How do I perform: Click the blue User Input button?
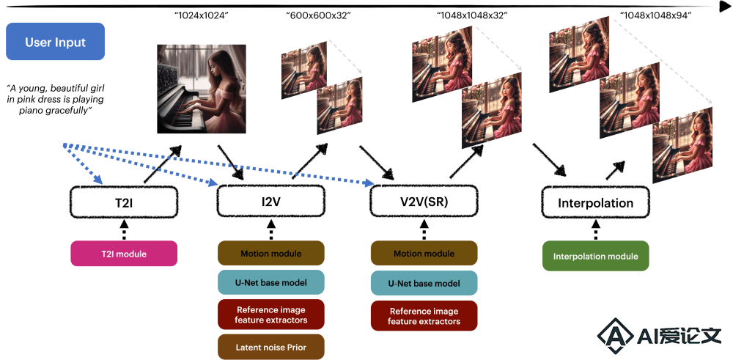tap(55, 42)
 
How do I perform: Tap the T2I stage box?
tap(124, 202)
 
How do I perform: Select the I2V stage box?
tap(270, 202)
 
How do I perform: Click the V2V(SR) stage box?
tap(424, 202)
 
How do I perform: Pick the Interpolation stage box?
tap(595, 202)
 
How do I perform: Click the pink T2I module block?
tap(124, 254)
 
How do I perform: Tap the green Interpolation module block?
tap(595, 256)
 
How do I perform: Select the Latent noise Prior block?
tap(270, 347)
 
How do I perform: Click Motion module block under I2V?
tap(270, 254)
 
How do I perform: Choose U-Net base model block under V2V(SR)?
tap(424, 283)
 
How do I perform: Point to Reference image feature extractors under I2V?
tap(270, 315)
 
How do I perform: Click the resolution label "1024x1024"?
tap(201, 15)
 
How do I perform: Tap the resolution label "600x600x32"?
tap(318, 15)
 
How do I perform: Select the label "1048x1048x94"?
tap(656, 15)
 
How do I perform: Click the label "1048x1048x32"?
tap(472, 15)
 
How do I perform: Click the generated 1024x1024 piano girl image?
tap(202, 89)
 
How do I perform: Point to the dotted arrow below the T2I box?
tap(125, 229)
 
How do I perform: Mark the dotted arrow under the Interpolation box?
tap(595, 229)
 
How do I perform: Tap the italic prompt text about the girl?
tap(55, 100)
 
